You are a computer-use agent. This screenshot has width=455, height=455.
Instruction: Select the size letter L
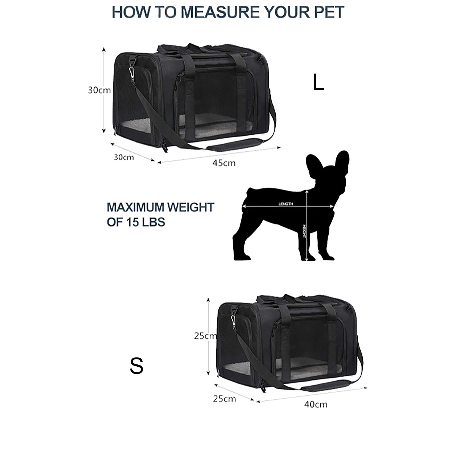click(318, 82)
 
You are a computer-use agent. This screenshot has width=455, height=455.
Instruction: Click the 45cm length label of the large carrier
click(224, 163)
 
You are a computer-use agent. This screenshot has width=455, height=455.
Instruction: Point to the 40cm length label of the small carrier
click(315, 404)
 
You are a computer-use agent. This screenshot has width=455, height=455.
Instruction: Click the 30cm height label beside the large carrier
click(99, 90)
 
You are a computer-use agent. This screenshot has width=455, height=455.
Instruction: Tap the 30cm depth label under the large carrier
click(124, 157)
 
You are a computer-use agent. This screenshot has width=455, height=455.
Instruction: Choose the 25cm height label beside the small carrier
click(205, 336)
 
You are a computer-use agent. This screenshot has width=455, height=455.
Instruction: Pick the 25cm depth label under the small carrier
click(224, 399)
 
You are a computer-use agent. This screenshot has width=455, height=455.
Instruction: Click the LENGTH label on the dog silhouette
click(286, 204)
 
